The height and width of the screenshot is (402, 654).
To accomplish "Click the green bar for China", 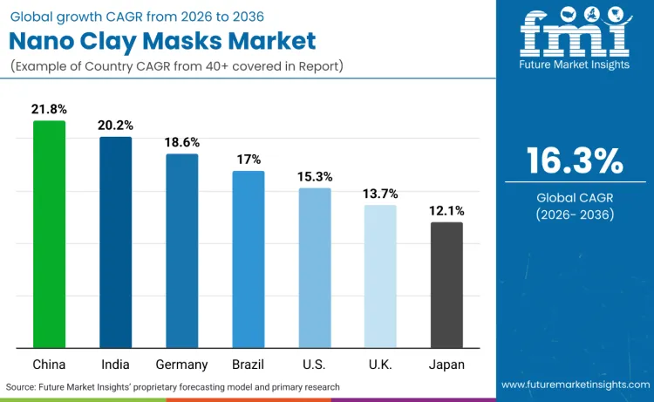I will (x=49, y=235).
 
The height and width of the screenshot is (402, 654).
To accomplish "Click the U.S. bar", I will (x=315, y=269).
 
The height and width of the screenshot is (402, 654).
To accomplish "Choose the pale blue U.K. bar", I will (x=380, y=276).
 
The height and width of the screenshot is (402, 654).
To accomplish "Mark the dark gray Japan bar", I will (x=446, y=285).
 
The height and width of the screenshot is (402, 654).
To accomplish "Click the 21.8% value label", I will (x=49, y=109).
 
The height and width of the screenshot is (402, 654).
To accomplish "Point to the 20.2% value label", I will (x=115, y=126).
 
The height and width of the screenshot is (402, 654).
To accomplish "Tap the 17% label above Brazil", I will (x=249, y=160).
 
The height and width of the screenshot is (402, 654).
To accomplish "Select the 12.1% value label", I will (x=446, y=210).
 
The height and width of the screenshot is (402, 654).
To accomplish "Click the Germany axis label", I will (x=181, y=365).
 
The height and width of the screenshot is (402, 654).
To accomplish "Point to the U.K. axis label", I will (x=380, y=365).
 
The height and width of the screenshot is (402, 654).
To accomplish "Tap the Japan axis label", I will (x=446, y=365).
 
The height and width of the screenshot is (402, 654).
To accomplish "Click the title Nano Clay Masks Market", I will (x=163, y=39).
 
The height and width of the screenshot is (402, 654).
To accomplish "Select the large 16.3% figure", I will (x=575, y=161).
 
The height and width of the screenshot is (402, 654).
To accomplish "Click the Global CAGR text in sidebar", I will (x=575, y=197).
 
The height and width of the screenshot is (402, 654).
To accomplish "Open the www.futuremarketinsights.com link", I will (x=575, y=385).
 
